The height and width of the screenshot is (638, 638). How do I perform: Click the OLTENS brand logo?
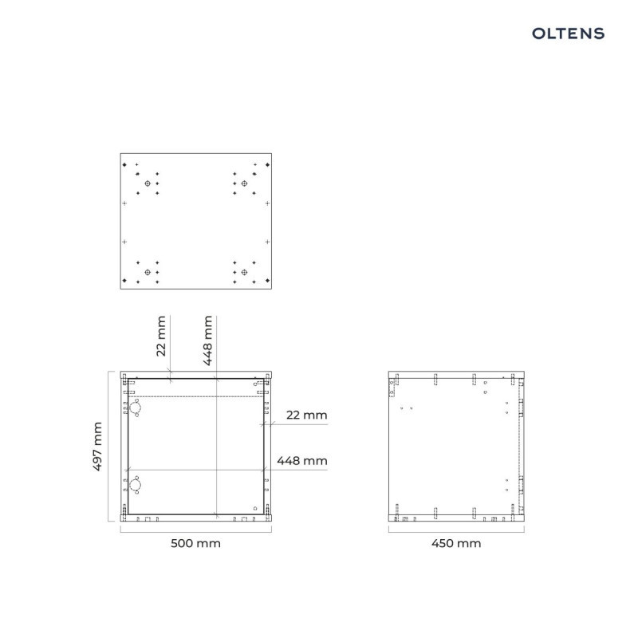click(x=568, y=33)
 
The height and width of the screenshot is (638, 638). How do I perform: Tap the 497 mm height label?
click(x=96, y=447)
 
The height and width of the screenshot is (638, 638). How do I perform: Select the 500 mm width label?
click(x=195, y=543)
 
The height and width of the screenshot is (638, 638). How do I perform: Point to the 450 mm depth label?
click(x=456, y=543)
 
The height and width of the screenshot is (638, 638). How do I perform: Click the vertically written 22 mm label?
click(x=161, y=336)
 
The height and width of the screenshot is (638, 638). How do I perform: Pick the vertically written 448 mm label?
click(x=207, y=341)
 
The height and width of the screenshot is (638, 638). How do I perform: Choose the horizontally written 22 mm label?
click(x=307, y=415)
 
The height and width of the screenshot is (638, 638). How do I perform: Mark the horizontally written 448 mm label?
click(x=302, y=461)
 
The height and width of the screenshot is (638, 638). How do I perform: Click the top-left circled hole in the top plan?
click(x=148, y=183)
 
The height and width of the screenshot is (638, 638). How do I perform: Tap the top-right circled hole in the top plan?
click(x=244, y=183)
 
